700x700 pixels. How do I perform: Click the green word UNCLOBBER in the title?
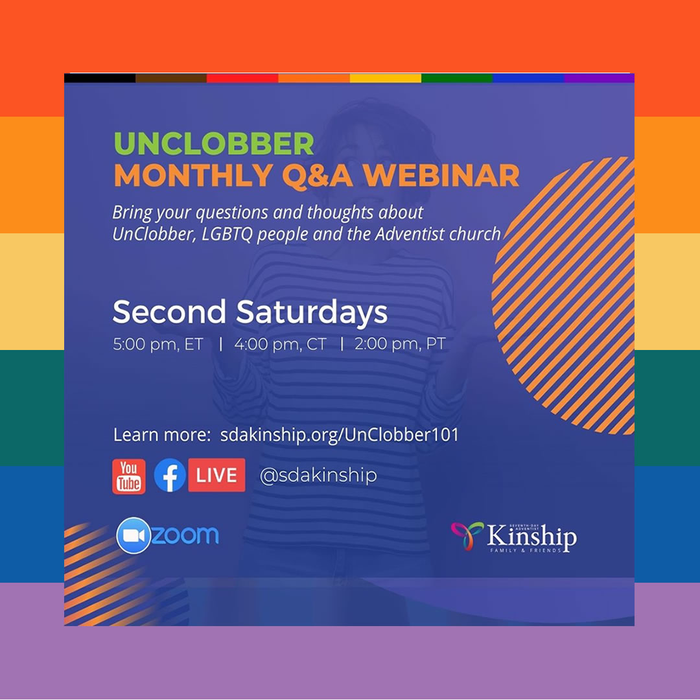(214, 144)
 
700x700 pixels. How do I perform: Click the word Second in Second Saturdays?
(169, 312)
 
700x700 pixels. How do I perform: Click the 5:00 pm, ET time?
(158, 344)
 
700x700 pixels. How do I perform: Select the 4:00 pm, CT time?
(280, 344)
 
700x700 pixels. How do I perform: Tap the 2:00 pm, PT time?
(400, 344)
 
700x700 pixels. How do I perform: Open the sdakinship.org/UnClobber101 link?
(339, 435)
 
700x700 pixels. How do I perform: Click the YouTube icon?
(128, 476)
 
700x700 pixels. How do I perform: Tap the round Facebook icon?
(170, 476)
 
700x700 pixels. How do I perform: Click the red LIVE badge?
(216, 475)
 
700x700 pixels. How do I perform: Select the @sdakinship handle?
(318, 476)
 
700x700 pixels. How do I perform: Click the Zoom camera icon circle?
(134, 535)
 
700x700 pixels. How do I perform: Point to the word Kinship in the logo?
(531, 537)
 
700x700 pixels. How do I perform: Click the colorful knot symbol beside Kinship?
(467, 535)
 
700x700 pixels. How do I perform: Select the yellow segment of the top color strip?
(385, 78)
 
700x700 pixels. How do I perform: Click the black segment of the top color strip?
(100, 78)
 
